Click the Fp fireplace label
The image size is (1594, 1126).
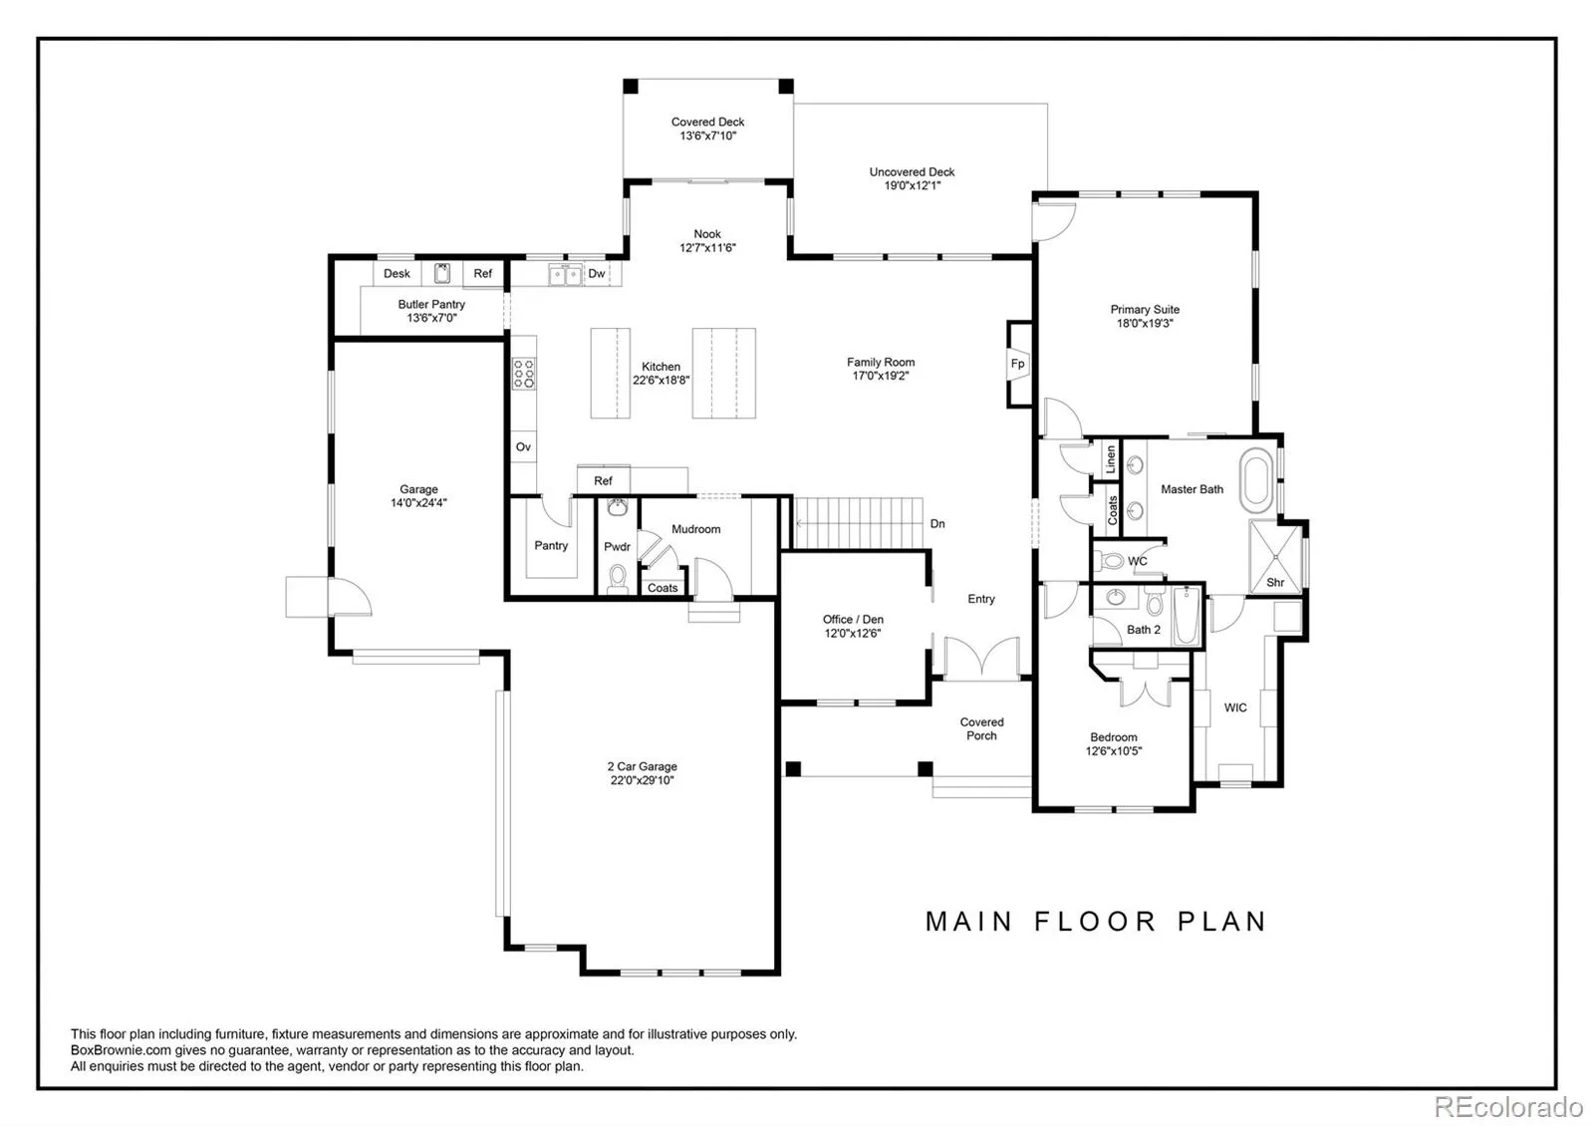(x=1017, y=364)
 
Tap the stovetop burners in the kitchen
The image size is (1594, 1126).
(x=524, y=374)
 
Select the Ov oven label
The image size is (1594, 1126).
(x=523, y=447)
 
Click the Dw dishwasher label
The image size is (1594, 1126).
(x=597, y=273)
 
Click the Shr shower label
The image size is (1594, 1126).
(x=1275, y=582)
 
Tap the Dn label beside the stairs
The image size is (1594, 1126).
(x=937, y=524)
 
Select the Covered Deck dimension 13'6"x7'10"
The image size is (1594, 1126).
(x=707, y=136)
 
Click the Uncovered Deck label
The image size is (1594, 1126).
(x=912, y=172)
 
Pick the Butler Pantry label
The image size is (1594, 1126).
(x=431, y=305)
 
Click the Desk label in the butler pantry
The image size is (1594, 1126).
(x=397, y=273)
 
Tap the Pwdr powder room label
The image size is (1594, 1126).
(x=617, y=547)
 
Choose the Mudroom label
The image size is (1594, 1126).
(x=696, y=529)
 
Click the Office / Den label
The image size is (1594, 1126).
(x=853, y=620)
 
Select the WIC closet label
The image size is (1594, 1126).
(x=1235, y=707)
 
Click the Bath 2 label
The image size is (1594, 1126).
(x=1144, y=630)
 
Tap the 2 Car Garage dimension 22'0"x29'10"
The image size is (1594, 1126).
(x=642, y=780)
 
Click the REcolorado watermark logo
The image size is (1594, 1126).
(x=1508, y=1107)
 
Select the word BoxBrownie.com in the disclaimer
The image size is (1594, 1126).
(x=121, y=1050)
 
